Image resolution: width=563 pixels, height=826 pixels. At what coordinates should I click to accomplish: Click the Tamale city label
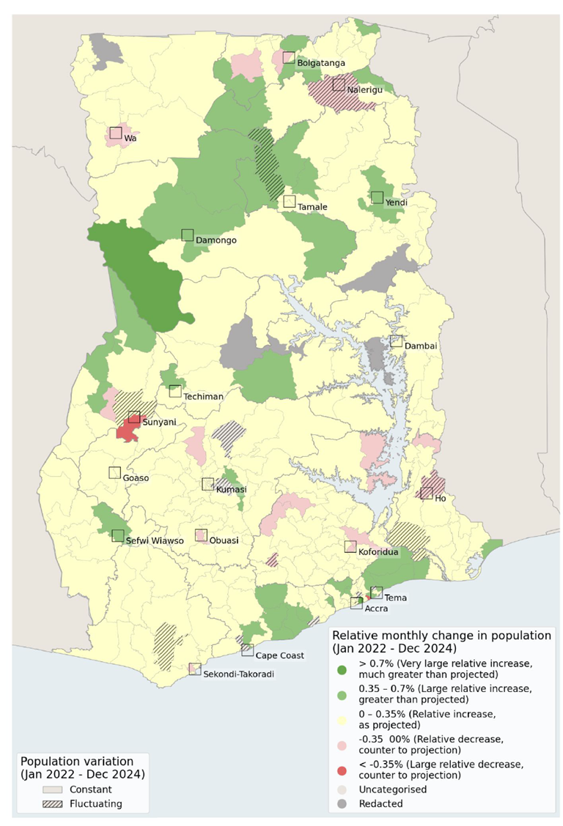[312, 207]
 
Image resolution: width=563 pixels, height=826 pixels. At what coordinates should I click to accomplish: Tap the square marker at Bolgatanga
[289, 57]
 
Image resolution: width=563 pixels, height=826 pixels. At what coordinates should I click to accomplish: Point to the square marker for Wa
[115, 133]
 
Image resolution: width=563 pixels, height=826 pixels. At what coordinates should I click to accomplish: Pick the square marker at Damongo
[188, 234]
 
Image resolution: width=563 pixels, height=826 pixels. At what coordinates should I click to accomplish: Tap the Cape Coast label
[280, 655]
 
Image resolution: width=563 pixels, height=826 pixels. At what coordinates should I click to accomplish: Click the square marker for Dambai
[396, 341]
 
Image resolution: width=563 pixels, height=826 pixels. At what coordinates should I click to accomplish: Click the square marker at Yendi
[377, 197]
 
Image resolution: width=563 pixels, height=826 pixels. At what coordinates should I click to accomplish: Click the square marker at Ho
[426, 493]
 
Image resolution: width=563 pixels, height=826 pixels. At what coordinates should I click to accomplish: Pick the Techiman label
[204, 396]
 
